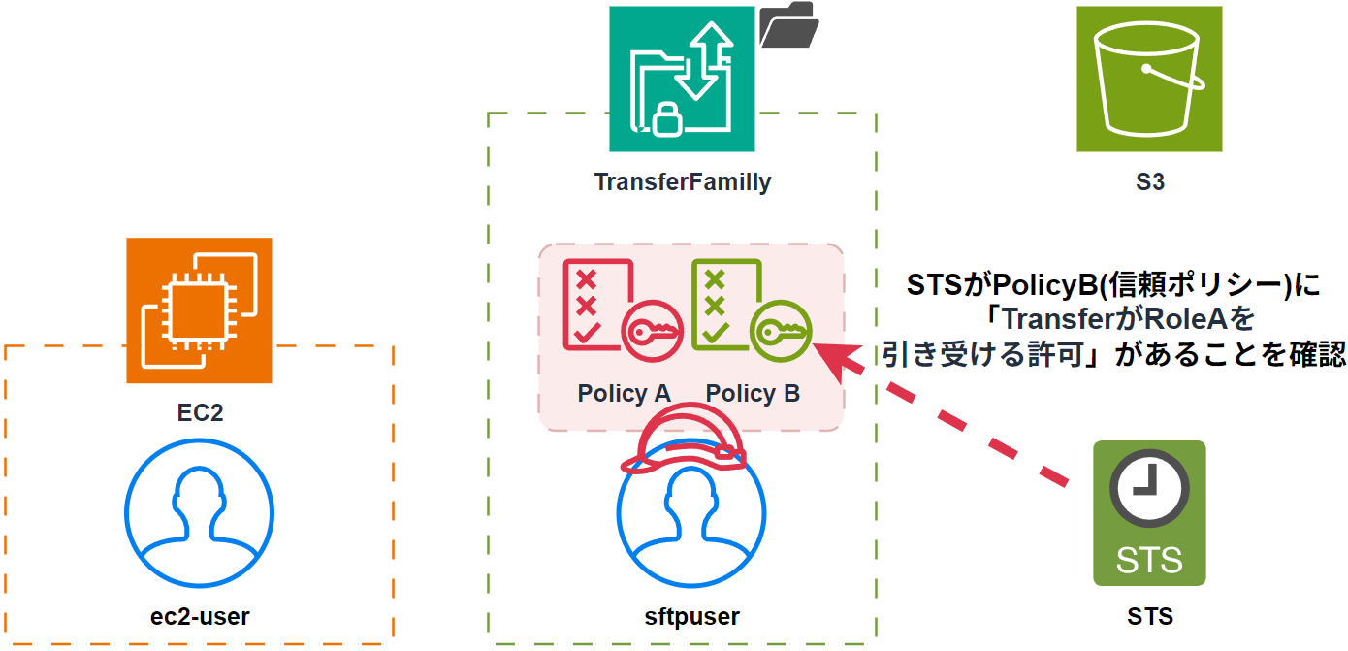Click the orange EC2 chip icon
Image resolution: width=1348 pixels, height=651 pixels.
(199, 310)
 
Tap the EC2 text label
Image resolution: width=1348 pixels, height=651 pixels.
(200, 412)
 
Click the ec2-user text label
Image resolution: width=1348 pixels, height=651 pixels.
(200, 616)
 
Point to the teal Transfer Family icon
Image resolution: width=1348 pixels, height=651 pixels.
(682, 80)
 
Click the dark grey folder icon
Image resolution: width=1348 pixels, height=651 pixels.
(788, 25)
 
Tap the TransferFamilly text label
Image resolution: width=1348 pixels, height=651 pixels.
(683, 181)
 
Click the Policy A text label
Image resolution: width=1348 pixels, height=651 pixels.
(625, 393)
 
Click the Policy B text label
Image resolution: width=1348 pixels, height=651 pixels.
(753, 393)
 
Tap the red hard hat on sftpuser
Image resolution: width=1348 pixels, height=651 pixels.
(685, 439)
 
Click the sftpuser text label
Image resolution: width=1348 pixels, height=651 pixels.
(691, 616)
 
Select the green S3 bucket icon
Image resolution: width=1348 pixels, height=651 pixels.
(1149, 80)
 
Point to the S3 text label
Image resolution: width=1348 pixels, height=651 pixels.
(1149, 181)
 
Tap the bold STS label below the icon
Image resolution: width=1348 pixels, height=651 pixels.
(1150, 616)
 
